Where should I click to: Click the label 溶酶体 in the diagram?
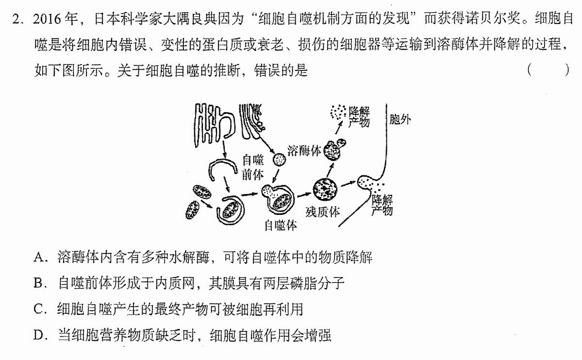pos(304,151)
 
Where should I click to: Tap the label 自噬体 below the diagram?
pos(281,225)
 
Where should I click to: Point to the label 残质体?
pos(322,212)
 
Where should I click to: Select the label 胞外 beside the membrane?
pos(400,119)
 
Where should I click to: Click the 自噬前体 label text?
pos(253,167)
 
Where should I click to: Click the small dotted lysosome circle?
pos(280,160)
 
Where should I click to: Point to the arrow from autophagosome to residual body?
pos(303,194)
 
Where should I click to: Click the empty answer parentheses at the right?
pos(548,70)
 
